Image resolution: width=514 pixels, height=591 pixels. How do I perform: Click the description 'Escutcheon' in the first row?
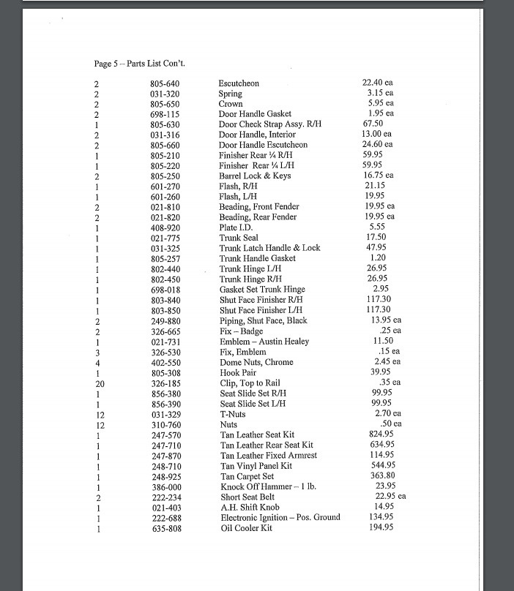(239, 83)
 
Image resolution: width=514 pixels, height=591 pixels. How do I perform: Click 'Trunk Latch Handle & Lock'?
(269, 248)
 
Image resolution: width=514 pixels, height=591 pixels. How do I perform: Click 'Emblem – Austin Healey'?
(264, 342)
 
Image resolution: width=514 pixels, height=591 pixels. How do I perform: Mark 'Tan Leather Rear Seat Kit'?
(267, 445)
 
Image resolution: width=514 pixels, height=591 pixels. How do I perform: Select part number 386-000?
(166, 486)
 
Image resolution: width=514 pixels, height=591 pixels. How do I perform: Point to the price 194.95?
(380, 527)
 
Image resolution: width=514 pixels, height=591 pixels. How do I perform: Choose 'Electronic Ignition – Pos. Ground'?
(280, 517)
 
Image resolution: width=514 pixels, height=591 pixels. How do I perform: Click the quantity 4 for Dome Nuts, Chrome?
(97, 362)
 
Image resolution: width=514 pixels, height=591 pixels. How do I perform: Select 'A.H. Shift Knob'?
(250, 507)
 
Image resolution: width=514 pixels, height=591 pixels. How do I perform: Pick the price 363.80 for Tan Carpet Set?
(381, 475)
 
